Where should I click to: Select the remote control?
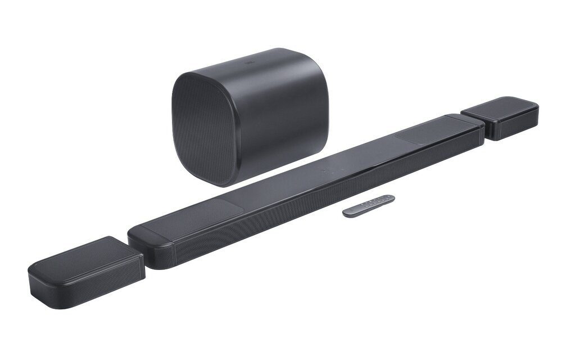[x=368, y=205]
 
